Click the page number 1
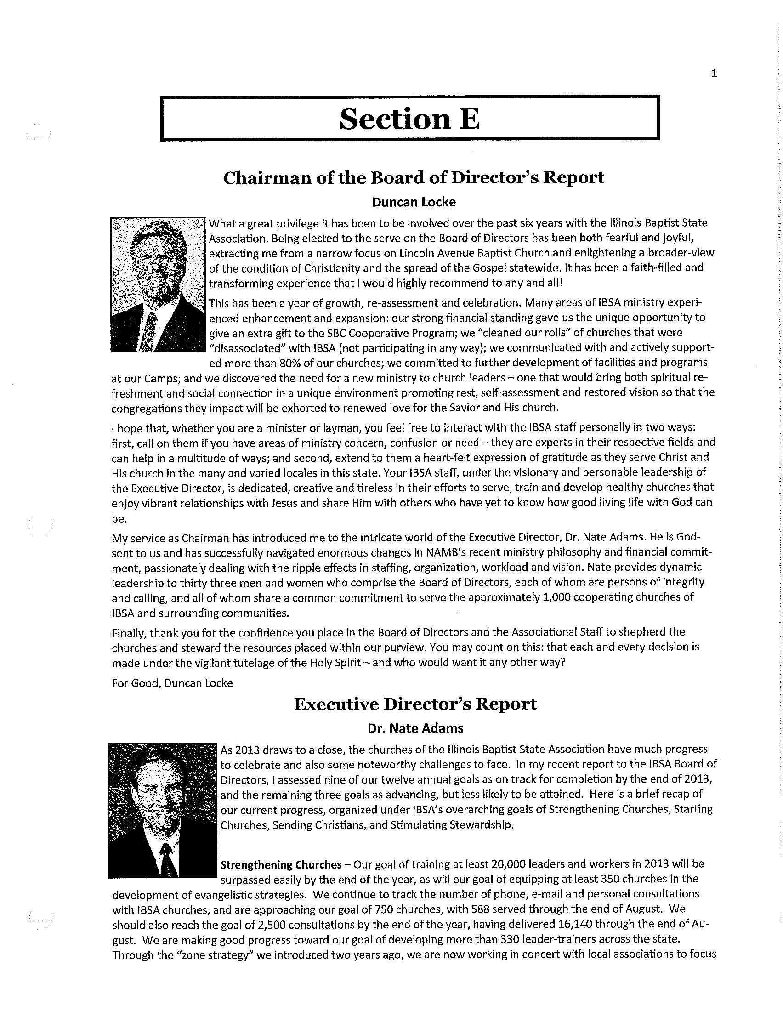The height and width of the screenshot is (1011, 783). (x=714, y=73)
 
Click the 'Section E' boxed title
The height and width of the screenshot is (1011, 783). (x=409, y=119)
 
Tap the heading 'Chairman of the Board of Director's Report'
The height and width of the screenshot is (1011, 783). (x=414, y=177)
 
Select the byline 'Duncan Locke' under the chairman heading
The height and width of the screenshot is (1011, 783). (x=414, y=202)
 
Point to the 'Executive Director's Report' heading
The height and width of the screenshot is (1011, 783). (x=415, y=704)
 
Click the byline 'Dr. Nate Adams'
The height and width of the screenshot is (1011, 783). (x=415, y=728)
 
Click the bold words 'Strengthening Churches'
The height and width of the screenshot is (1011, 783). (x=281, y=865)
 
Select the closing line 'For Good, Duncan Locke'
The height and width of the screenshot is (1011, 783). (x=172, y=683)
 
